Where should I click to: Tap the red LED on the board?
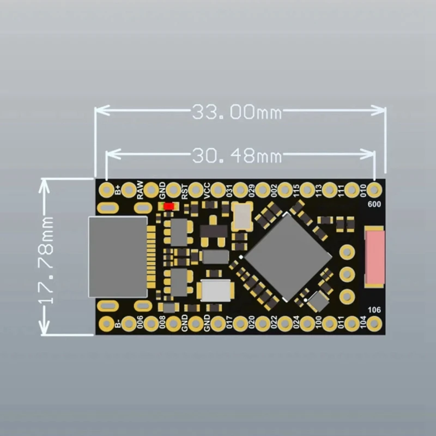click(169, 207)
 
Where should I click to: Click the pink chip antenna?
click(374, 257)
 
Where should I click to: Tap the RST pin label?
click(185, 191)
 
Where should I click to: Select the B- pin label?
click(118, 324)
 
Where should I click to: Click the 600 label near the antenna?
click(374, 205)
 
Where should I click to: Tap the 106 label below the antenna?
click(374, 310)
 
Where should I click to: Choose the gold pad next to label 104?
click(374, 324)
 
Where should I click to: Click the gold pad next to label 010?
click(374, 190)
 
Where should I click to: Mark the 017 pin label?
click(229, 324)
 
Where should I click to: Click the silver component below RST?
click(216, 290)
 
